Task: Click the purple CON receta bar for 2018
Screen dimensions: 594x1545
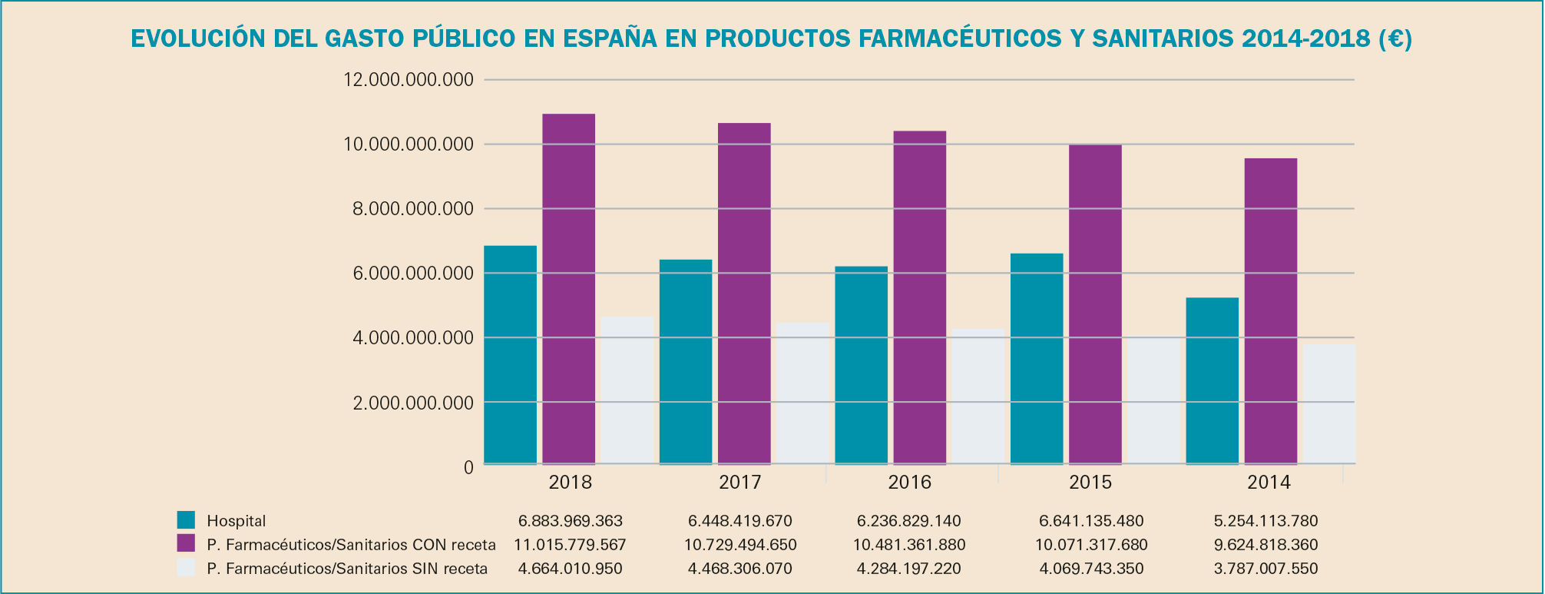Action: pos(568,289)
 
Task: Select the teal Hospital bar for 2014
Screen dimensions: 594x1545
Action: pos(1212,380)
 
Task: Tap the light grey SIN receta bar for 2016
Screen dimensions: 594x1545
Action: pos(978,396)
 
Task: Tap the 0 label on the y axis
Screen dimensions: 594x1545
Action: pos(468,467)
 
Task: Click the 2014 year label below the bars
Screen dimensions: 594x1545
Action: pos(1269,483)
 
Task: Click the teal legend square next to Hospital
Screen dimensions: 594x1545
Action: pos(186,520)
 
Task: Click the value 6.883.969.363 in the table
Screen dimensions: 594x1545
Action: pos(571,521)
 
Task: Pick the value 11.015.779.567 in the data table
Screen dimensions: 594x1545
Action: pos(570,545)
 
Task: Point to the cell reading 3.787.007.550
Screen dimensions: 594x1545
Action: pos(1265,569)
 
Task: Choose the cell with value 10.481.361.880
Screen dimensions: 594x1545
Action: pos(908,545)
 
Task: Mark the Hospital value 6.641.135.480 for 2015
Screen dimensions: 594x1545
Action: pos(1091,521)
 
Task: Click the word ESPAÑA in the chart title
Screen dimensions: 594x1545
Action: pos(610,38)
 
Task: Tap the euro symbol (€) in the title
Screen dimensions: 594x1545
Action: pos(1392,38)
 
